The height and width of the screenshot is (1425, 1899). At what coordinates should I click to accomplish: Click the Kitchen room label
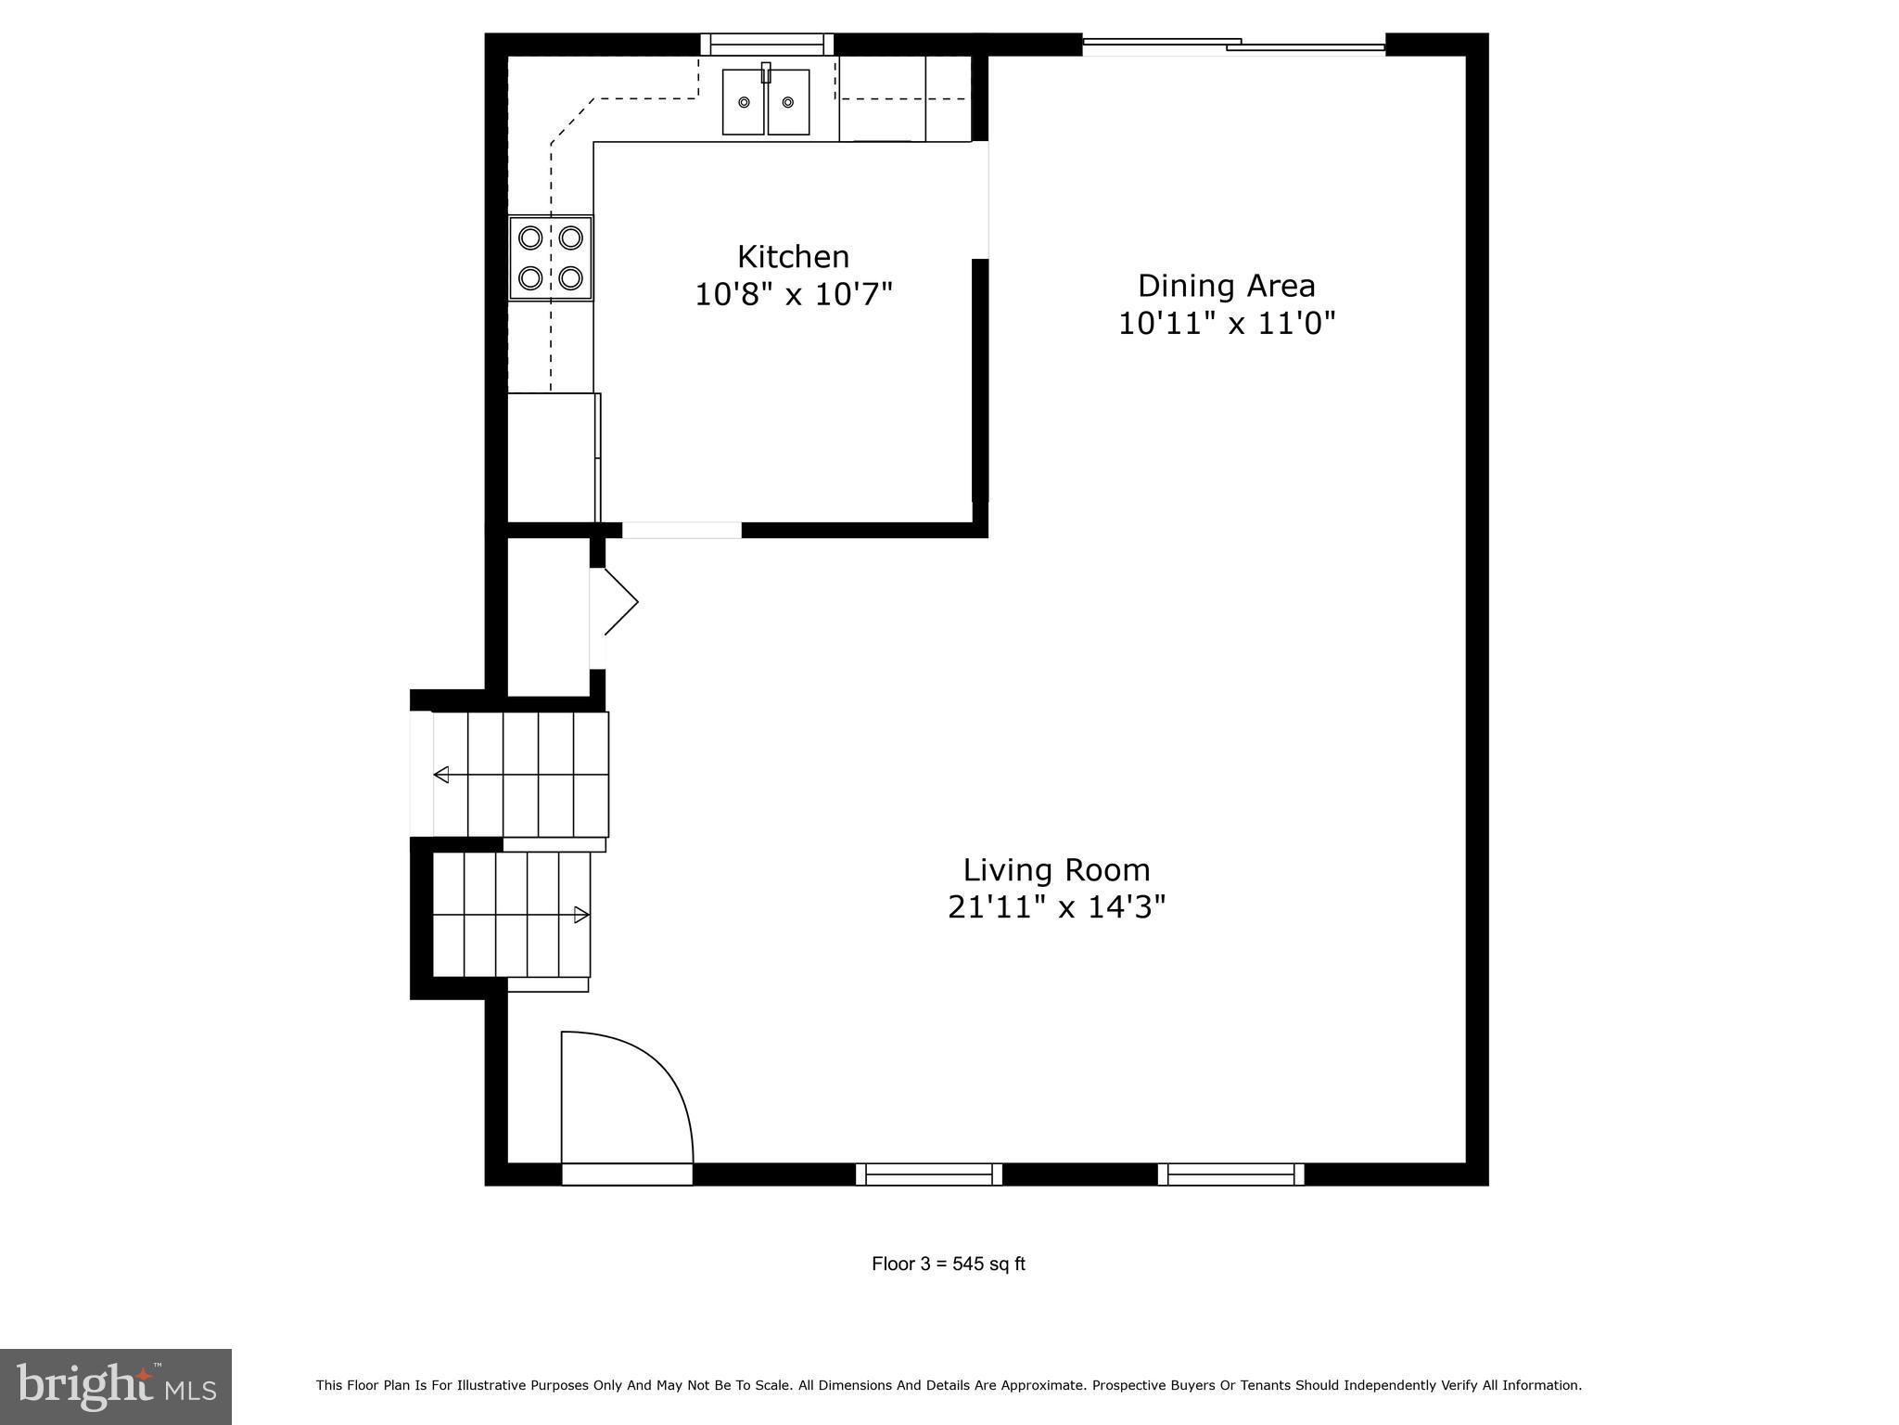793,257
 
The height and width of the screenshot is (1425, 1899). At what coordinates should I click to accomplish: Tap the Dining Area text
1226,286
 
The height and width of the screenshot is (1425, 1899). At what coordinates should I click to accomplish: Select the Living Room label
1056,870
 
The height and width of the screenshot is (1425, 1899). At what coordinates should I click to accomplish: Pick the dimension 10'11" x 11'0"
1226,324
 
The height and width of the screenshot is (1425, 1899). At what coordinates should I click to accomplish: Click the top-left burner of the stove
530,237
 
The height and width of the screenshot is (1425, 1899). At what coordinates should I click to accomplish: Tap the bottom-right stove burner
571,277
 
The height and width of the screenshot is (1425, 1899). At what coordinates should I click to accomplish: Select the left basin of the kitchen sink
744,102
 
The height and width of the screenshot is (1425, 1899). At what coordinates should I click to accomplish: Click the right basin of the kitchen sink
788,102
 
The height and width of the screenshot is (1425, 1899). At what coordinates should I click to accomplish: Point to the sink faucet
766,72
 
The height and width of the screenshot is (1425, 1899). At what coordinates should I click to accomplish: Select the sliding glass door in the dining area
1233,44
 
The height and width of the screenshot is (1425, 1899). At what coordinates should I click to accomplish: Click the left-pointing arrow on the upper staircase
442,775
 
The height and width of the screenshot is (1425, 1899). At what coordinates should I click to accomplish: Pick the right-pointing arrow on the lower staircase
581,915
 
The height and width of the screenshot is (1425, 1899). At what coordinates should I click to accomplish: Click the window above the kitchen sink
767,44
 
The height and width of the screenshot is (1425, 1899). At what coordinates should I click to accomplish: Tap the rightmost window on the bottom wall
1230,1175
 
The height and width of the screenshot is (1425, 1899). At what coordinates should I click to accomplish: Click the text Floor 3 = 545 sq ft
948,1264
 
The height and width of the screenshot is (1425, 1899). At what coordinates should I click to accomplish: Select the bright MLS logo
116,1386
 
